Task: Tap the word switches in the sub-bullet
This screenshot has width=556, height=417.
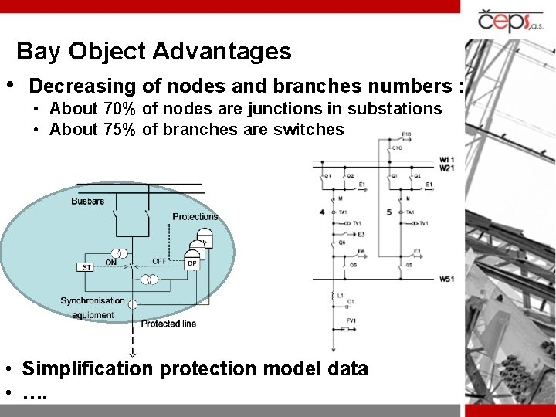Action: (x=308, y=129)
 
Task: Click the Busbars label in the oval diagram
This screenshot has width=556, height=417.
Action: (x=87, y=201)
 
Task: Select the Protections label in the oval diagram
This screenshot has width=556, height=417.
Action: (x=195, y=216)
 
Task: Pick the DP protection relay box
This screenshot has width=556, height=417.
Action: (x=193, y=263)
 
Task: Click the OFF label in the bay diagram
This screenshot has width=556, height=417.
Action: (x=159, y=261)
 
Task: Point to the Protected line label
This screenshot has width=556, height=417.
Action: (x=169, y=324)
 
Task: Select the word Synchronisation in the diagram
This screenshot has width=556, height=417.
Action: (x=92, y=300)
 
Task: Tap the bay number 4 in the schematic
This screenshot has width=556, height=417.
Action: (x=321, y=212)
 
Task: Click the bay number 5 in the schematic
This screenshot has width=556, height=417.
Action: (x=388, y=212)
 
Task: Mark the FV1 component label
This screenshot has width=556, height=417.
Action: (x=351, y=320)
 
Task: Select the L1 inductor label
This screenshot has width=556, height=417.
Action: (x=341, y=295)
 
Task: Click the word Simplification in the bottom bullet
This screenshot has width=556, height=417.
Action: (x=87, y=369)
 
